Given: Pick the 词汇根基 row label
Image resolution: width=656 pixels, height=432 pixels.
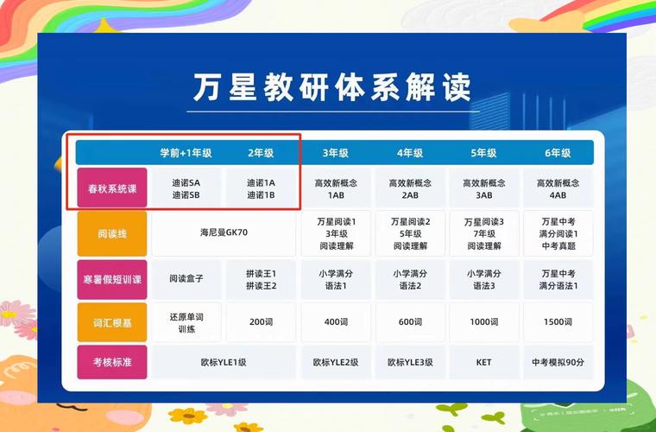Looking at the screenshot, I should coord(112,321).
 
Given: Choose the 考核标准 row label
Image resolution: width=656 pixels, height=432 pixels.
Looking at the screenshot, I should coord(112,362).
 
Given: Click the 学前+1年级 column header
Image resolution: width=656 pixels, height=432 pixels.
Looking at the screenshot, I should coord(186,153).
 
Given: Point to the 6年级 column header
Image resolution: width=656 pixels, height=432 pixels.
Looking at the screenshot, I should coord(558,153).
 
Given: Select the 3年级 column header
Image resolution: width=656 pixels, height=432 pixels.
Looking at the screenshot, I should coord(336,153).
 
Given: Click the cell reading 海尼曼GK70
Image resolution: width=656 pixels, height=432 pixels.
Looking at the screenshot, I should coord(223,232).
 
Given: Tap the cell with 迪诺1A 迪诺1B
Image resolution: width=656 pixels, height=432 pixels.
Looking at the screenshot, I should coord(261,188).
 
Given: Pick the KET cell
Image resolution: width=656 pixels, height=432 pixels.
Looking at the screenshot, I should coord(483,362).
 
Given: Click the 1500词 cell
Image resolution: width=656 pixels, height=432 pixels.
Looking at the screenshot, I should coord(558,321).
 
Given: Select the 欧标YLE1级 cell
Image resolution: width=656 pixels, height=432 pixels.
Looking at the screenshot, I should coord(223,362).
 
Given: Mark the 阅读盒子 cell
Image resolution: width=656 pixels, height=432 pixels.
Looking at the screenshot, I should coord(186,279).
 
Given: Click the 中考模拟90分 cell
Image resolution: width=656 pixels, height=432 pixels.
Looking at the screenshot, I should coord(558,362).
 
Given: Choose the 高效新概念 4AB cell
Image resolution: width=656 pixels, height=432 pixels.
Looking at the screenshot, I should coord(558,188).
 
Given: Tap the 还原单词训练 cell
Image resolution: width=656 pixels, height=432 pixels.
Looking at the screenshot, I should coord(186,321).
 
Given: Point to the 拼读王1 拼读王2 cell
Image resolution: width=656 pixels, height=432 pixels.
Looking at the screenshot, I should coord(261,279).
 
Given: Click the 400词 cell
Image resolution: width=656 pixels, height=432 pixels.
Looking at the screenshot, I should coord(336,321).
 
